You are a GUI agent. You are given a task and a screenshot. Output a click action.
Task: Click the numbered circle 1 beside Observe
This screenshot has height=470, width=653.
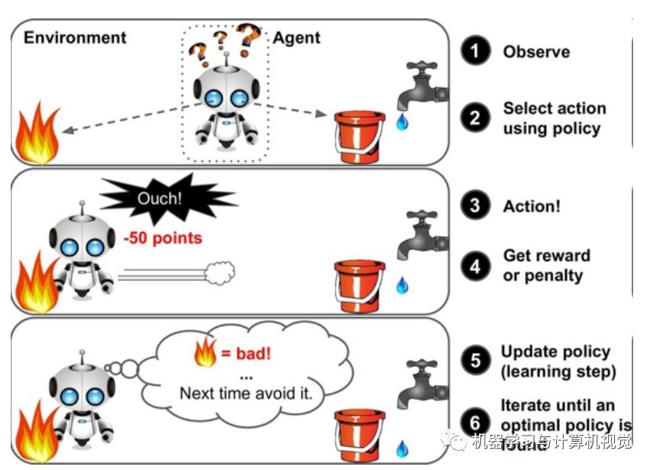pos(475,52)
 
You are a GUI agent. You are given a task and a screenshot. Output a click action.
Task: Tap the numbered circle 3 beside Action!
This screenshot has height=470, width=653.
pos(475,206)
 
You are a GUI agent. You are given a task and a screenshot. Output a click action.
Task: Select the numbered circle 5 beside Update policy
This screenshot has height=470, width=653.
pos(476,361)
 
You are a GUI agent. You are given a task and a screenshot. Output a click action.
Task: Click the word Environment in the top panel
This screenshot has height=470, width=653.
pos(75,37)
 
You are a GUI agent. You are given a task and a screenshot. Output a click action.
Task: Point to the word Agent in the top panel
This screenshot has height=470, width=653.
pos(297,37)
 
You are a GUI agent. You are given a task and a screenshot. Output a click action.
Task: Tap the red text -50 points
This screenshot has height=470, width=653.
pos(163,238)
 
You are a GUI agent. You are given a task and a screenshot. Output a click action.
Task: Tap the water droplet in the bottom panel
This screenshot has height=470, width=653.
pos(402,446)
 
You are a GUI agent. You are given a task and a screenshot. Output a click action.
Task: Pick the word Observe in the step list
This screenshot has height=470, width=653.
pos(535,52)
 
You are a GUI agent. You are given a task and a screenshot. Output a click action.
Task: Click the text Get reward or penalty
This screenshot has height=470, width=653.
pos(545,264)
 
